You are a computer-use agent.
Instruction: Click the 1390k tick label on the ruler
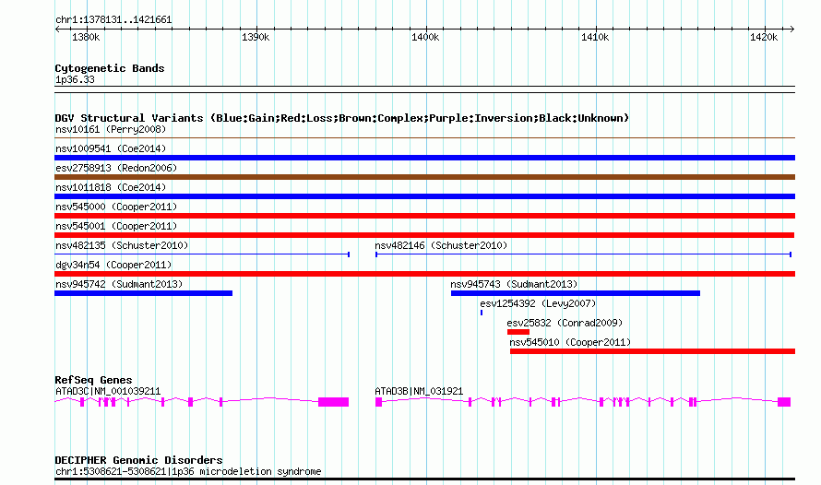(255, 37)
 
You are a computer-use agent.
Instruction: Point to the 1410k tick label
(595, 37)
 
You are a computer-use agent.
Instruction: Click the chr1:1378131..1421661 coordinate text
(113, 19)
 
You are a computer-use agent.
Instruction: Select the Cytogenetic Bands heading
(109, 68)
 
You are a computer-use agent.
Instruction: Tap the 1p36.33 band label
(75, 80)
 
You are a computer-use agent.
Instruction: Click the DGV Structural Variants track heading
(341, 118)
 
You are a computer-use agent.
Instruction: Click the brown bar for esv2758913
(424, 177)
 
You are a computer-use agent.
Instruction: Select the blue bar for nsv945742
(143, 293)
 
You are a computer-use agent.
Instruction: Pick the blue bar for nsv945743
(575, 293)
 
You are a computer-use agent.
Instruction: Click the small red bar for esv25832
(518, 332)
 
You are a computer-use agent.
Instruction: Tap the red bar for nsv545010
(651, 351)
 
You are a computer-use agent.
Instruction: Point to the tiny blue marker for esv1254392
(482, 313)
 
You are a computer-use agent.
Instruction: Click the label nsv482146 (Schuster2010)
(441, 245)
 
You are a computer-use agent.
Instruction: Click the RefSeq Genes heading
(93, 380)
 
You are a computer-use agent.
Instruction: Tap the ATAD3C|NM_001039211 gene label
(108, 391)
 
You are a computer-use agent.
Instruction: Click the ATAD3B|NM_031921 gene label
(419, 391)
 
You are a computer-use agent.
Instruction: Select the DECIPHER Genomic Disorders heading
(138, 460)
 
